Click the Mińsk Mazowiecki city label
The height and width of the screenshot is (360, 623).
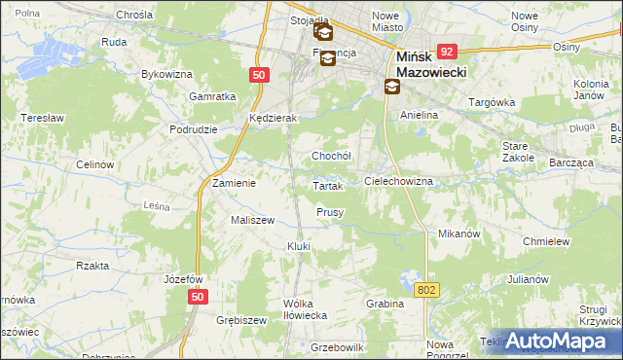click(432, 65)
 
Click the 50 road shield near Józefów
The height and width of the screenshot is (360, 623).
click(198, 297)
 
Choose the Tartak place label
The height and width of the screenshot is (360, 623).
click(327, 186)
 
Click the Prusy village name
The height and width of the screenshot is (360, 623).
click(330, 212)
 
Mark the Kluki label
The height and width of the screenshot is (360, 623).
click(298, 246)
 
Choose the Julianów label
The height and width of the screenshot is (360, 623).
click(529, 279)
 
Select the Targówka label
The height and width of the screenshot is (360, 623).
click(491, 102)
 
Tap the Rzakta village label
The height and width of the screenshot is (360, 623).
click(92, 265)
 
